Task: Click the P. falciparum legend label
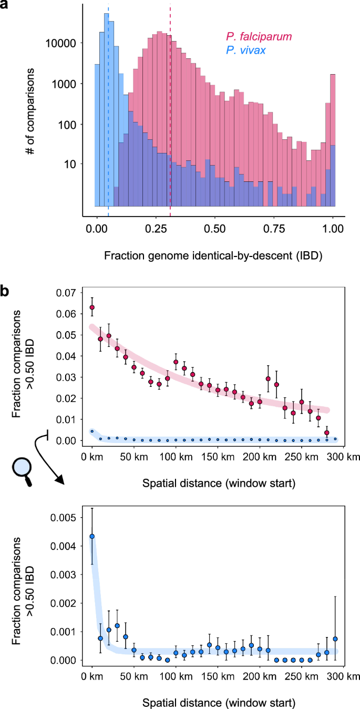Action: [259, 36]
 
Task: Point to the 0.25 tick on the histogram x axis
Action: [155, 229]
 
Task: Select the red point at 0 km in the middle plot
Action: [92, 307]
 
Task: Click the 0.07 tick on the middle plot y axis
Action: [68, 293]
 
